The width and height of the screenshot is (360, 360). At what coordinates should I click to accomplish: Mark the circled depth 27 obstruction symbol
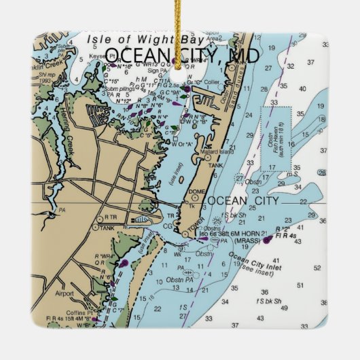pos(239,178)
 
